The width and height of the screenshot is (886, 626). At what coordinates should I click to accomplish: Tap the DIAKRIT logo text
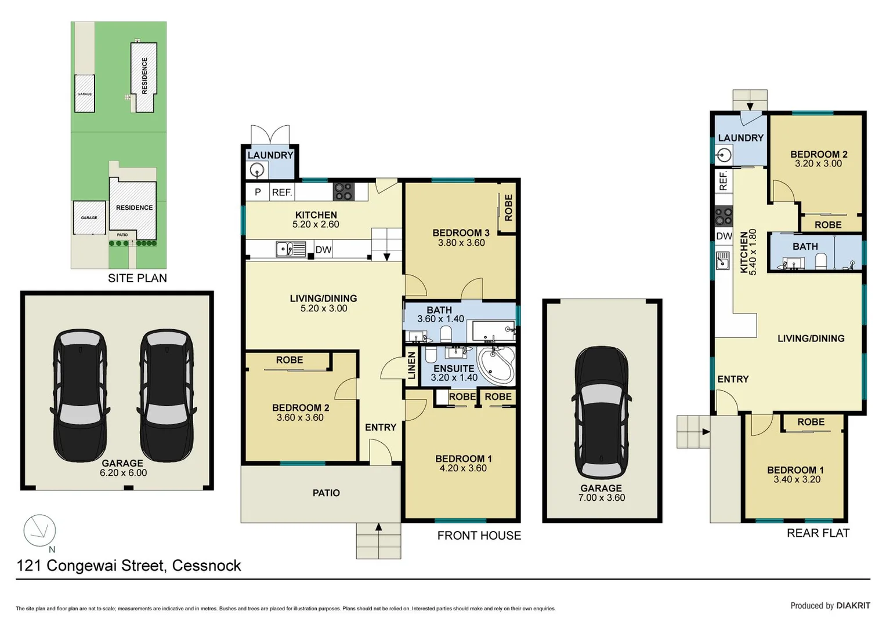pyautogui.click(x=853, y=606)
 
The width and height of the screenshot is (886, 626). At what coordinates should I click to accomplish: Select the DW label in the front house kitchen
pyautogui.click(x=324, y=250)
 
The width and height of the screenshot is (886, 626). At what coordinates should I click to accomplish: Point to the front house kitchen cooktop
pyautogui.click(x=343, y=191)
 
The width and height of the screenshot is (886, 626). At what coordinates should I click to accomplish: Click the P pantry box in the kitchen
pyautogui.click(x=258, y=192)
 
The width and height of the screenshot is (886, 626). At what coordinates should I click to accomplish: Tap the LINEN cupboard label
pyautogui.click(x=412, y=366)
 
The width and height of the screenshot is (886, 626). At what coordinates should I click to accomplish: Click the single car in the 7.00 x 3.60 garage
pyautogui.click(x=601, y=413)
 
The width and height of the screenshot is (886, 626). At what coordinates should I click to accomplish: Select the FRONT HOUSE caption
pyautogui.click(x=479, y=536)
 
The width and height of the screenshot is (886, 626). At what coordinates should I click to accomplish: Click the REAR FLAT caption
pyautogui.click(x=818, y=533)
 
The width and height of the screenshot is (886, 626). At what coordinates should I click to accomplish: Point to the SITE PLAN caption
pyautogui.click(x=138, y=278)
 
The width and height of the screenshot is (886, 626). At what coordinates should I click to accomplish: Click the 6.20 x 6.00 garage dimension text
pyautogui.click(x=124, y=472)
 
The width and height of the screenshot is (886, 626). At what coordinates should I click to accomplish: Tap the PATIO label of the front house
pyautogui.click(x=326, y=493)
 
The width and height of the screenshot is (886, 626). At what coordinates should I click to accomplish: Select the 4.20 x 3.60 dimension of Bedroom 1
pyautogui.click(x=463, y=468)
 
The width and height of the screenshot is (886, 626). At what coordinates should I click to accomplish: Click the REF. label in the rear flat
pyautogui.click(x=724, y=181)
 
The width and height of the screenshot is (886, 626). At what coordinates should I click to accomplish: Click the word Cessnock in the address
pyautogui.click(x=207, y=566)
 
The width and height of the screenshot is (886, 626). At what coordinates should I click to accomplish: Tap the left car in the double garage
pyautogui.click(x=79, y=395)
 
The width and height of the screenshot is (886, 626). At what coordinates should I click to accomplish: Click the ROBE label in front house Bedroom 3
pyautogui.click(x=509, y=208)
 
